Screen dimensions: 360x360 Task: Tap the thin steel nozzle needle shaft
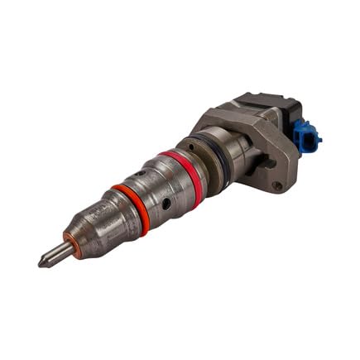(55, 255)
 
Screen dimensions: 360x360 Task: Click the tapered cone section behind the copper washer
(95, 228)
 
